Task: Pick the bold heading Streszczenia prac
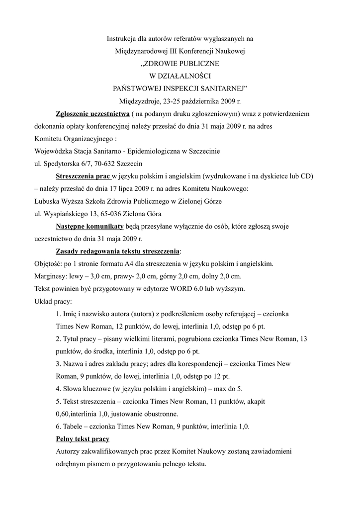pyautogui.click(x=83, y=176)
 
